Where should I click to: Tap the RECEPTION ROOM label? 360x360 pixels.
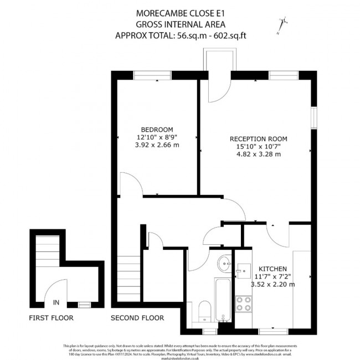pyautogui.click(x=259, y=138)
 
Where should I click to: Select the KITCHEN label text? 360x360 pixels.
pyautogui.click(x=268, y=268)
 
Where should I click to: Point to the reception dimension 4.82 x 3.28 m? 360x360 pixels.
pyautogui.click(x=259, y=155)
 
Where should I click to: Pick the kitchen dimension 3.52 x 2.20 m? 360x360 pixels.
pyautogui.click(x=273, y=285)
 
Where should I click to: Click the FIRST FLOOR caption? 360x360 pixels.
pyautogui.click(x=50, y=318)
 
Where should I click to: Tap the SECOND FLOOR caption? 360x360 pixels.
pyautogui.click(x=137, y=318)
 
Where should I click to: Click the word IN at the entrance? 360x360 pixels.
pyautogui.click(x=56, y=302)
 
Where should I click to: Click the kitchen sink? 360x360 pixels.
pyautogui.click(x=242, y=270)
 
